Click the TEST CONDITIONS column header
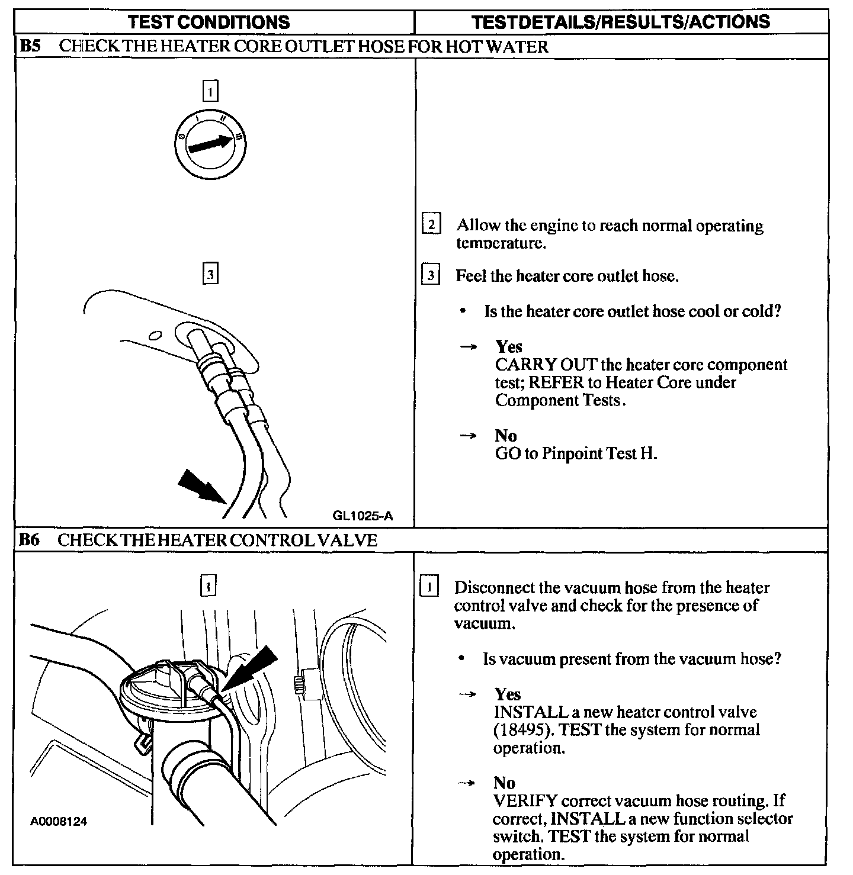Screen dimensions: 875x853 [209, 22]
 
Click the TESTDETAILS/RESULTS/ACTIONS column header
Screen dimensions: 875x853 [621, 22]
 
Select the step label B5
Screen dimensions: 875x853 [30, 46]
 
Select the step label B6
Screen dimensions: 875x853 [30, 540]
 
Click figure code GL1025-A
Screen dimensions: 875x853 [363, 515]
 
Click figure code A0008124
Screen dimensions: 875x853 [59, 821]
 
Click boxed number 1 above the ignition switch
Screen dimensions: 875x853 [210, 92]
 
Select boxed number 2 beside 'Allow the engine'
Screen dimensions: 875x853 [431, 225]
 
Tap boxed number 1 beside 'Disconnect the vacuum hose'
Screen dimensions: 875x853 [429, 587]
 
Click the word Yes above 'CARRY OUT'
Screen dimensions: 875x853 [508, 346]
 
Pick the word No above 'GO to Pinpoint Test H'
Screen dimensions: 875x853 [505, 436]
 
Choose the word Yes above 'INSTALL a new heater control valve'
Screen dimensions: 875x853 [507, 694]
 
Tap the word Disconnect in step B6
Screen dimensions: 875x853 [493, 588]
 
